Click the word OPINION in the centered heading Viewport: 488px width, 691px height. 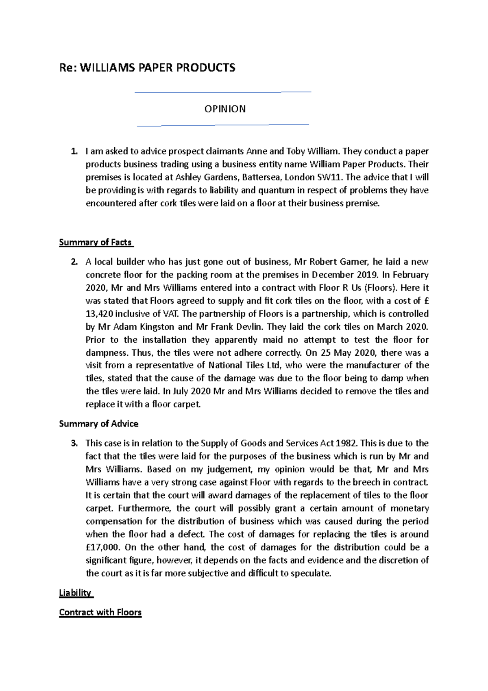point(225,109)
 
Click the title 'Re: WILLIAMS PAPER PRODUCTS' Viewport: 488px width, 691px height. point(147,68)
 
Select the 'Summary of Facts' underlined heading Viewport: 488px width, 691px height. point(96,243)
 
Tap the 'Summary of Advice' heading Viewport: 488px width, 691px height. point(99,424)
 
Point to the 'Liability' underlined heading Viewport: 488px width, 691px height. point(76,593)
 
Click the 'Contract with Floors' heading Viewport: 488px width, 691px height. point(100,612)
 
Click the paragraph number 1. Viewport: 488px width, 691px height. point(74,152)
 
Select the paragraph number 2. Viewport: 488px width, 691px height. point(74,262)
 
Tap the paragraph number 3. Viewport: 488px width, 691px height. point(74,444)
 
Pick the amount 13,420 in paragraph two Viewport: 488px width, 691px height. point(100,314)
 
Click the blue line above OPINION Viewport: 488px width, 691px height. point(222,92)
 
